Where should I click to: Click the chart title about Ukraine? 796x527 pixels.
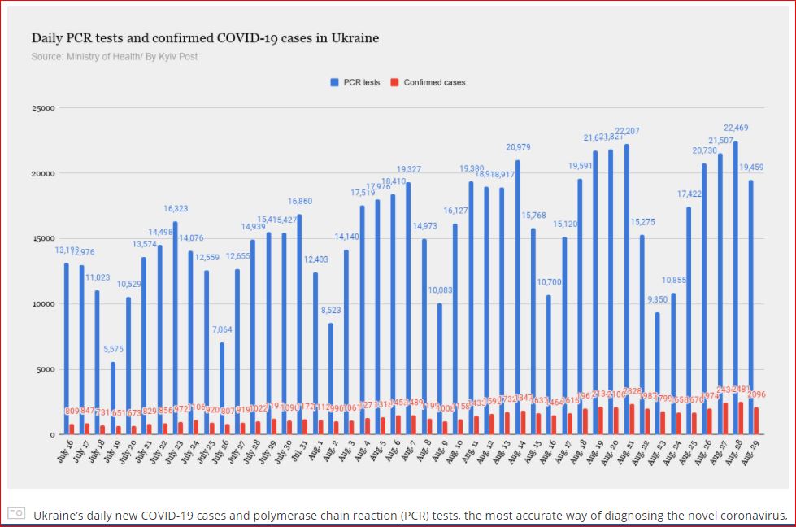tap(205, 38)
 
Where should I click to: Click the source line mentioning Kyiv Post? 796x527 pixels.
tap(114, 56)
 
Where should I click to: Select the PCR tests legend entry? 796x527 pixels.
tap(355, 82)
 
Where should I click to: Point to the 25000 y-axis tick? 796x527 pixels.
tap(43, 108)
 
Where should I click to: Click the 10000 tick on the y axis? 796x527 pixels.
tap(43, 304)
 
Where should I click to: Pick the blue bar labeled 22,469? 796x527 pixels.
tap(735, 285)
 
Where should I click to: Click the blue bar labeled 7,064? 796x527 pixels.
tap(222, 387)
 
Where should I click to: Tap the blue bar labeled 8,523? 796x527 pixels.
tap(331, 378)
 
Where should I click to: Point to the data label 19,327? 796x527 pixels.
tap(408, 169)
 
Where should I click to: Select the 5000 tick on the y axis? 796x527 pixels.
tap(45, 369)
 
